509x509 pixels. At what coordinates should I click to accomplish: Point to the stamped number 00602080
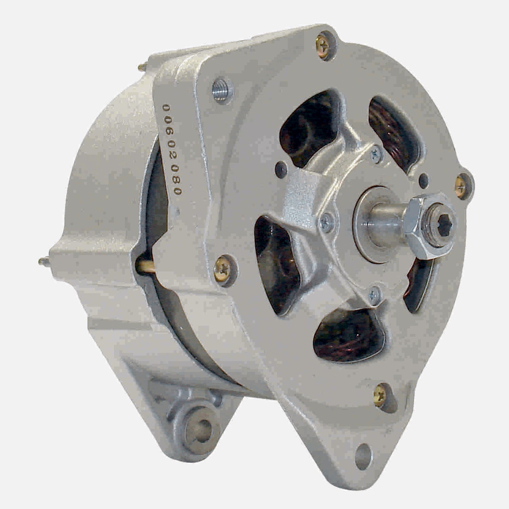172,149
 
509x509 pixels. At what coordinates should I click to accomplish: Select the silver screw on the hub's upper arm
375,153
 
